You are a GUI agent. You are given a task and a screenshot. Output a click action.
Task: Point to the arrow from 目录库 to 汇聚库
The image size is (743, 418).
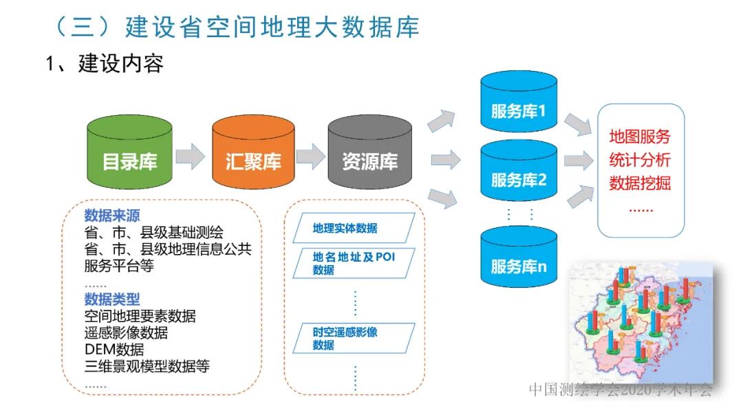click(x=190, y=156)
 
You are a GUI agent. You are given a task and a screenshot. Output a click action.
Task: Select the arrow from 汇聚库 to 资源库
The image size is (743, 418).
click(x=311, y=156)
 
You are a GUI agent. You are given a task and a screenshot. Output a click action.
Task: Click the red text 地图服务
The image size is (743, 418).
click(x=640, y=136)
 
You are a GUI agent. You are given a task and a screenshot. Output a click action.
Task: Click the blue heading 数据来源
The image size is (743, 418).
click(x=112, y=214)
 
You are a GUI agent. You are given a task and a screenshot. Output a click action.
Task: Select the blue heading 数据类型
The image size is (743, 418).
click(x=112, y=299)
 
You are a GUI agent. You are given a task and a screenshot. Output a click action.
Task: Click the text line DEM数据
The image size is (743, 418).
click(x=114, y=350)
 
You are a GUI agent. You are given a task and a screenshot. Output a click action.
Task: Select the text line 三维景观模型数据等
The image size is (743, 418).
click(x=147, y=366)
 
